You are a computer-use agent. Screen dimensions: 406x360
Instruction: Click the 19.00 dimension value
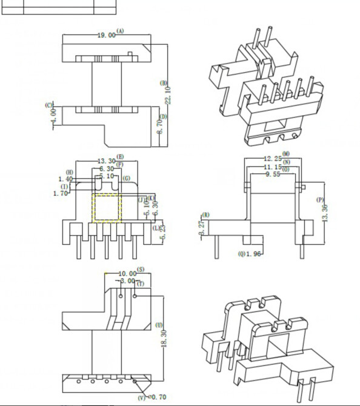pyautogui.click(x=106, y=36)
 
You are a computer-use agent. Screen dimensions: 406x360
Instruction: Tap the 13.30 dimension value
pyautogui.click(x=107, y=161)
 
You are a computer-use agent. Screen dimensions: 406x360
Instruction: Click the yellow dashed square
pyautogui.click(x=107, y=207)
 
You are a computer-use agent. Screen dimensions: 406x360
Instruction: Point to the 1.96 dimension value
pyautogui.click(x=256, y=255)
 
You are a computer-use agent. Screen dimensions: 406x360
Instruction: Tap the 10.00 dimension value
pyautogui.click(x=128, y=274)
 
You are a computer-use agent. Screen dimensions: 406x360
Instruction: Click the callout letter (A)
pyautogui.click(x=120, y=30)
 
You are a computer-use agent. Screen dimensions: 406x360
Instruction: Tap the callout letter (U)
pyautogui.click(x=159, y=325)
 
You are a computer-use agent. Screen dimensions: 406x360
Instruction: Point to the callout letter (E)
pyautogui.click(x=121, y=156)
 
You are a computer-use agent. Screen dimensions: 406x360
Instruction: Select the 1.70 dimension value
pyautogui.click(x=61, y=193)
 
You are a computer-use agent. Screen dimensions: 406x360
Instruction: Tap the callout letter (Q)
pyautogui.click(x=242, y=255)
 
